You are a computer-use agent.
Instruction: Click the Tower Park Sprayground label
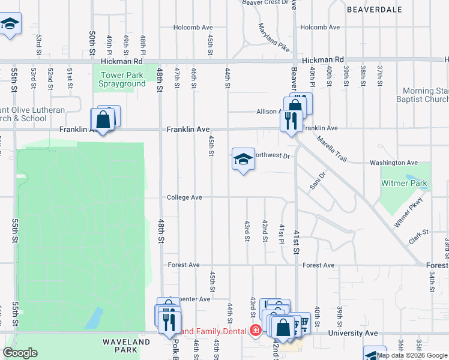[123, 79]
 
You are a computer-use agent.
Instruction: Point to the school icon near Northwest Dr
[243, 160]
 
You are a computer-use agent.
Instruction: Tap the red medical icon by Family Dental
[256, 331]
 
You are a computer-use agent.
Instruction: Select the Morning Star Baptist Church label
[423, 95]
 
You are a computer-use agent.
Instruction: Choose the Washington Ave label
[393, 163]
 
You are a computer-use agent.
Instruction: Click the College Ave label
[184, 197]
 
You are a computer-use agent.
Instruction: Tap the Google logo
[20, 353]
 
